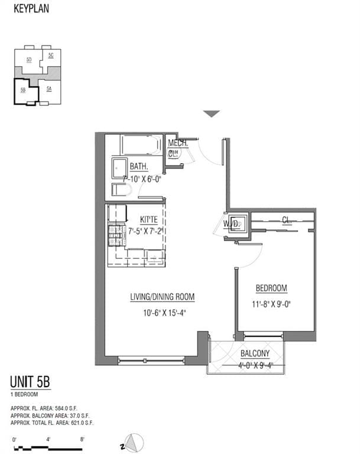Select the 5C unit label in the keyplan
[x=51, y=55]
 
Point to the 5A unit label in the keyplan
[x=50, y=89]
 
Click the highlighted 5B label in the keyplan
[x=23, y=90]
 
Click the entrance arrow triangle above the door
[x=211, y=113]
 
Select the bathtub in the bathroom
[x=140, y=145]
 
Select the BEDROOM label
[x=271, y=288]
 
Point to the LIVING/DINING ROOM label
[x=163, y=297]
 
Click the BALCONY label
[x=255, y=354]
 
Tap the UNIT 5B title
[x=31, y=382]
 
